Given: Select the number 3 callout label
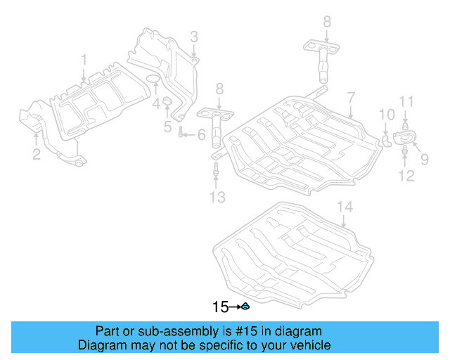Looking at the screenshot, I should click(193, 37).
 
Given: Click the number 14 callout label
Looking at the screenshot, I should click(344, 207).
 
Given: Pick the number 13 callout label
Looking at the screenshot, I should click(217, 197).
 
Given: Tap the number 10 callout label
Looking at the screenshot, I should click(387, 115).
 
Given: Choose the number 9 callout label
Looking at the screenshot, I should click(424, 160).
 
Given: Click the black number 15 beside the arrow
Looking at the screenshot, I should click(221, 307).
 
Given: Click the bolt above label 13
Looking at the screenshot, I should click(216, 169).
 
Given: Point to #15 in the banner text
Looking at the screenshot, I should click(243, 331).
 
